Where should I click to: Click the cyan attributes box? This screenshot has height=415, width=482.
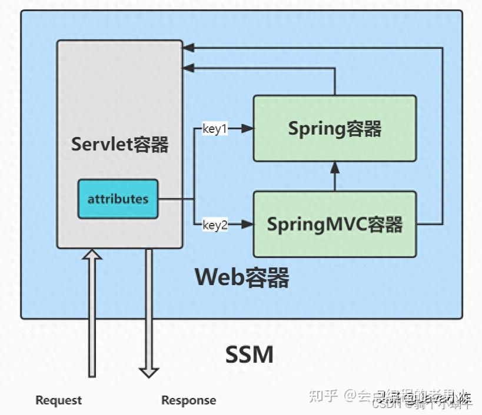[118, 199]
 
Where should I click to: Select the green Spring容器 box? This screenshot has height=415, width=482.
[334, 128]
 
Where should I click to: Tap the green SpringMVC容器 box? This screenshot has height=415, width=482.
[334, 224]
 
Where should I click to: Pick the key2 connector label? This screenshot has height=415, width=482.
[215, 225]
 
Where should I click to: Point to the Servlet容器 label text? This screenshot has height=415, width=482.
[120, 144]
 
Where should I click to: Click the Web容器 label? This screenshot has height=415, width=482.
[242, 277]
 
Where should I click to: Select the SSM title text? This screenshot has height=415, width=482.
[250, 354]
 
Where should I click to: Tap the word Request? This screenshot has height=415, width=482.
[58, 400]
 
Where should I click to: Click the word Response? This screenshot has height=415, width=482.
[188, 400]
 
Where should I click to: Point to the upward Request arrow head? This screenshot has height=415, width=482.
[92, 254]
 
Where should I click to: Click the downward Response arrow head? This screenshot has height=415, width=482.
[149, 372]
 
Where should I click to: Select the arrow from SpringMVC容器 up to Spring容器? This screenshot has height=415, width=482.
[335, 176]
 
